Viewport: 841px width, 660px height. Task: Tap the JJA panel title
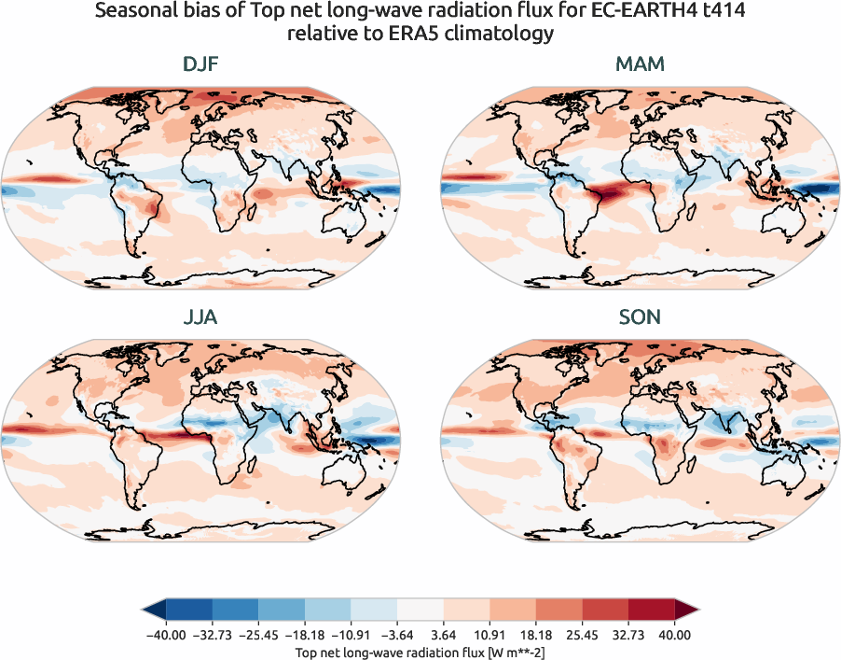tap(200, 317)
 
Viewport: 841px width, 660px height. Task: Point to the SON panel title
tap(640, 317)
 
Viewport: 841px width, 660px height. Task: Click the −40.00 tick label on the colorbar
tap(166, 635)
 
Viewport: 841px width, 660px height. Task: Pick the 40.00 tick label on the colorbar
tap(674, 635)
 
